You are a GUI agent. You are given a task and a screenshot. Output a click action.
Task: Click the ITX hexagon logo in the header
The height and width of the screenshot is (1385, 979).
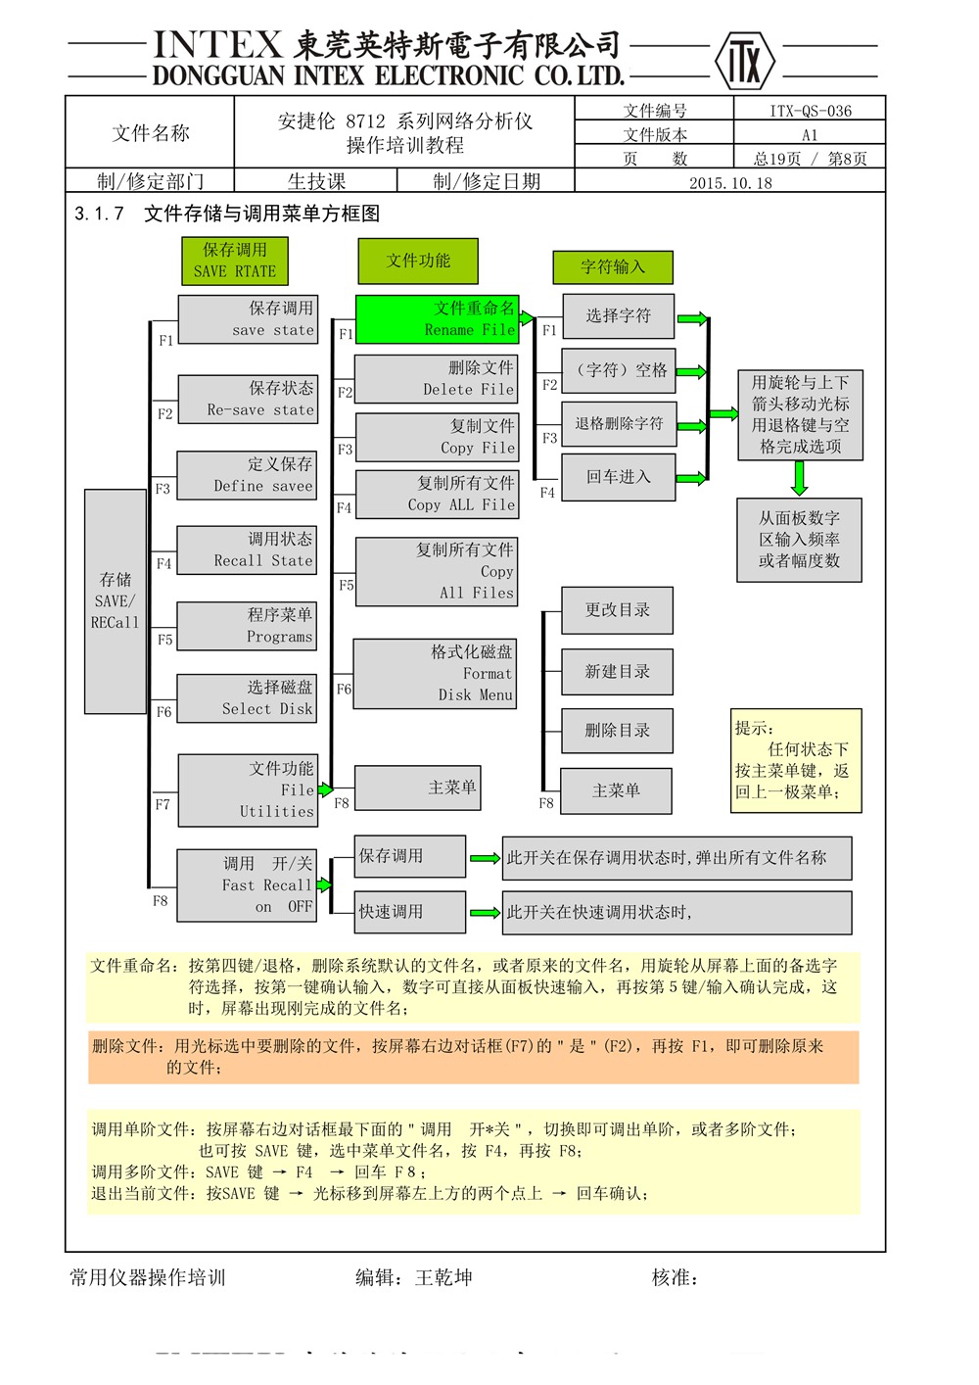pos(744,61)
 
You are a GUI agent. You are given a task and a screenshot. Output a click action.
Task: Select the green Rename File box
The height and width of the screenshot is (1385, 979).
pos(437,319)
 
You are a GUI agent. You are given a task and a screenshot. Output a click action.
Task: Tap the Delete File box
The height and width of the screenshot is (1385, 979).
pos(436,379)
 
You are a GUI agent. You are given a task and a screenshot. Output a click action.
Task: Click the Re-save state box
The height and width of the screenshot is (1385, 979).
pos(248,400)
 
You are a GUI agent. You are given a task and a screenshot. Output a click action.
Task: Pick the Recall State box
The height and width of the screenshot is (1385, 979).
pos(248,550)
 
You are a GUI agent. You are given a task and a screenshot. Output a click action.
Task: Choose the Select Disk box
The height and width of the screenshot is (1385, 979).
pos(248,699)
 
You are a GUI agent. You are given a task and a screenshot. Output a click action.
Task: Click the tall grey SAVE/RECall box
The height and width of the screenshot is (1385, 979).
pos(116,601)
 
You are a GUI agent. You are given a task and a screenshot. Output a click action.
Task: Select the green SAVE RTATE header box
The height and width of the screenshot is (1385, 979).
pos(235,261)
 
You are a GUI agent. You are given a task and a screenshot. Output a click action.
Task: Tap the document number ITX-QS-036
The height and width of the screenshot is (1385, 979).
pos(810,111)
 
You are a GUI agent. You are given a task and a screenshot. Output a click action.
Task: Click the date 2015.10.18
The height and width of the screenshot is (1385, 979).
pos(730,182)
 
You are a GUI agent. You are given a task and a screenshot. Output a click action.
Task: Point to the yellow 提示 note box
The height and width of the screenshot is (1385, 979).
pos(796,761)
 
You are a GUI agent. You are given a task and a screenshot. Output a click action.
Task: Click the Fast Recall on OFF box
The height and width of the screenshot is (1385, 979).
pos(247,885)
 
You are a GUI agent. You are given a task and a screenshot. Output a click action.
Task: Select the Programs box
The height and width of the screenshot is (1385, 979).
pos(248,626)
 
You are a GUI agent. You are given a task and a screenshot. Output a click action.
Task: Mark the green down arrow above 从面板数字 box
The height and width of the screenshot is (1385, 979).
pos(800,478)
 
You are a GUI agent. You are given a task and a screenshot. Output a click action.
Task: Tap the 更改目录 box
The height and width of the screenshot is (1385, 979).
pos(617,610)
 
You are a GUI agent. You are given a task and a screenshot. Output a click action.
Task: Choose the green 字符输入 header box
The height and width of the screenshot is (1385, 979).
pos(613,266)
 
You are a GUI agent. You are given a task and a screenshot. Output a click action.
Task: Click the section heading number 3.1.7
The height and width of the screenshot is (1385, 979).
pos(100,214)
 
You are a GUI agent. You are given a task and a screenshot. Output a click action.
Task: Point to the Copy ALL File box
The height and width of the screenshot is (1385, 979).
pos(437,495)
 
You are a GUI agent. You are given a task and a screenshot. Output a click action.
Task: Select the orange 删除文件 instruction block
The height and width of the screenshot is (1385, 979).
pos(474,1057)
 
